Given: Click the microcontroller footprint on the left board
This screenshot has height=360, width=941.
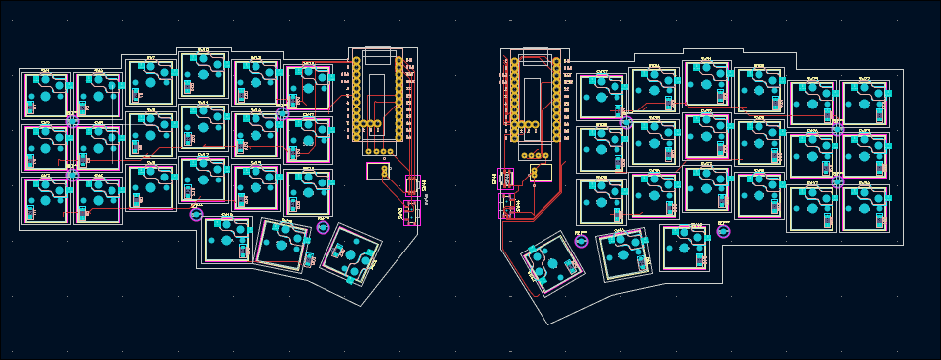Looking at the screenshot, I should click(x=378, y=97).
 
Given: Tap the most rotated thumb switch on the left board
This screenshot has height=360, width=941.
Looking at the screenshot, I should click(x=351, y=255).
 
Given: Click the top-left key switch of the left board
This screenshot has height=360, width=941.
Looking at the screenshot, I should click(x=45, y=96).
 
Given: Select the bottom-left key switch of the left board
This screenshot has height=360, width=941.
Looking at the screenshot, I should click(x=45, y=200).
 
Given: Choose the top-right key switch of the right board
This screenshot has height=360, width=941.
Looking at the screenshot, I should click(x=865, y=102).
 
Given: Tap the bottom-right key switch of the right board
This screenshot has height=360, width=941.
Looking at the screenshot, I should click(x=865, y=207).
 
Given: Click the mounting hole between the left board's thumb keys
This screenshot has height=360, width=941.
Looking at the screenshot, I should click(x=323, y=227).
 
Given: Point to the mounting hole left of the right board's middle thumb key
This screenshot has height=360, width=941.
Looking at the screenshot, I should click(x=582, y=240).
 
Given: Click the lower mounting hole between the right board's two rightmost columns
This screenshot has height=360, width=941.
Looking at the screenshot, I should click(x=838, y=180).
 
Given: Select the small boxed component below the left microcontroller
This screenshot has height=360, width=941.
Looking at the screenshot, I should click(x=378, y=171).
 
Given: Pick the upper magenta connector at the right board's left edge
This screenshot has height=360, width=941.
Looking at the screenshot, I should click(x=506, y=179).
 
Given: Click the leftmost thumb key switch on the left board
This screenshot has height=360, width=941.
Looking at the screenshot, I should click(x=228, y=240).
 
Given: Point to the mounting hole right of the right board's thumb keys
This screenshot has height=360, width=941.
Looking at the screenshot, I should click(x=723, y=231).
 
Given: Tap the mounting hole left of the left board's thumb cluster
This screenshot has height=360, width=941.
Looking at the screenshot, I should click(x=196, y=213).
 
